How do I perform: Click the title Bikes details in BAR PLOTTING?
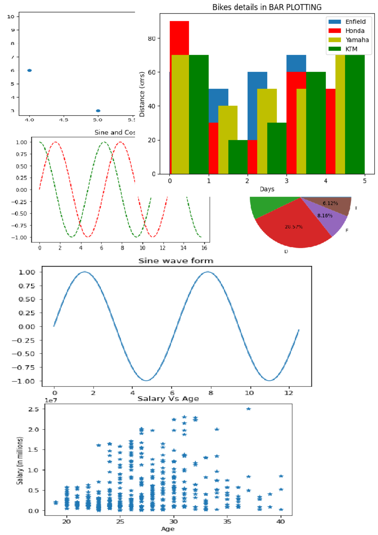(266, 7)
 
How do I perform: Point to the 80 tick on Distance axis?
(152, 38)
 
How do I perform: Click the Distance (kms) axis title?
(142, 94)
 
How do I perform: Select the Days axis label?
(267, 189)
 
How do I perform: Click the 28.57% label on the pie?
(294, 227)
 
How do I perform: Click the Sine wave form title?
(176, 261)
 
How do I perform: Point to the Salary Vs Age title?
(168, 399)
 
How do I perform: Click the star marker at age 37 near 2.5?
(249, 409)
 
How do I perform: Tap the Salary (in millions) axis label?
(20, 460)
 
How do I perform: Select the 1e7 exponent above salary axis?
(51, 400)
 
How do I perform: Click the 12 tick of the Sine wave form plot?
(289, 393)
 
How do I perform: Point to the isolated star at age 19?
(56, 503)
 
